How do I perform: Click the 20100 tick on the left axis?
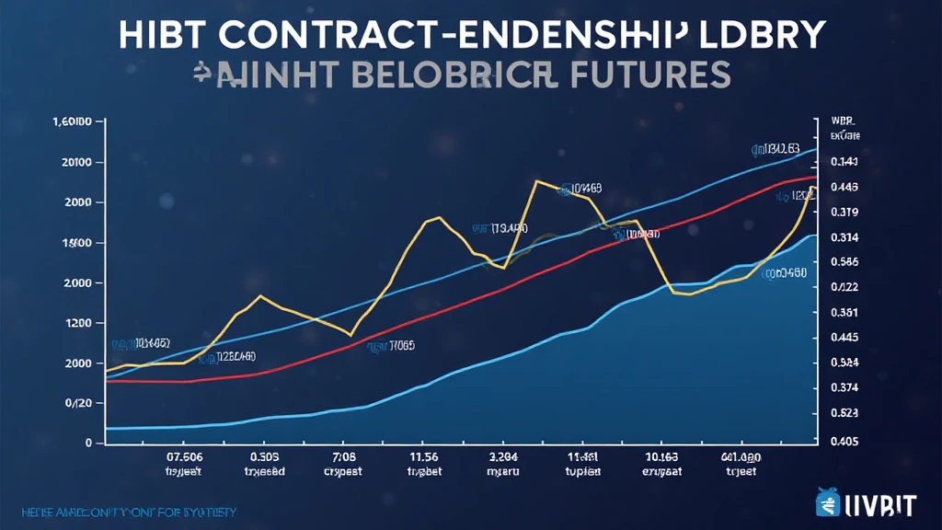(x=73, y=162)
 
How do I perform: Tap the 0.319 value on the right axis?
(x=844, y=213)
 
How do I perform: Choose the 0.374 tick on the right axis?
(x=844, y=388)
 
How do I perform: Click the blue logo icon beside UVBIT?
(x=829, y=504)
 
